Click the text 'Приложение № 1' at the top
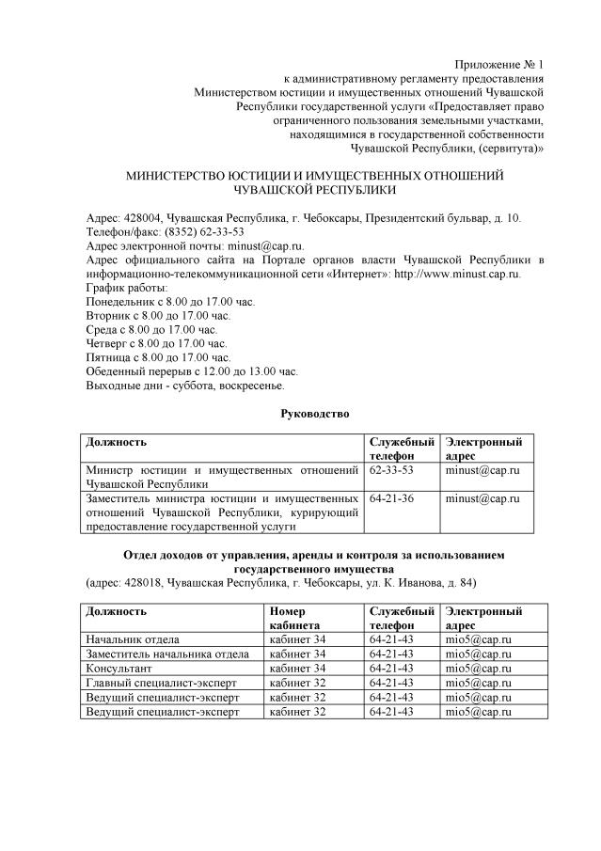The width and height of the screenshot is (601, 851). pos(499,63)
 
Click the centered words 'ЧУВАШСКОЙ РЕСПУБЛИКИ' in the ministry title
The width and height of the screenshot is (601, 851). pos(315,189)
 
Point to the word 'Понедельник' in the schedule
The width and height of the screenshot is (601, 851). pos(119,302)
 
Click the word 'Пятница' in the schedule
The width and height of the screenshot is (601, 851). pos(106,357)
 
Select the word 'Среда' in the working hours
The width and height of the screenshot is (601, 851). pos(101,330)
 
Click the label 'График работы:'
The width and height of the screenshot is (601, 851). pos(128,288)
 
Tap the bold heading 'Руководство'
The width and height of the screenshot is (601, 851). pos(315,414)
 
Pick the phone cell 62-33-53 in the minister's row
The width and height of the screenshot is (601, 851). pos(391,469)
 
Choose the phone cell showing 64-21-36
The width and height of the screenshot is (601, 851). pos(391,497)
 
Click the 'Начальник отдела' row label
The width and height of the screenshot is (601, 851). pos(133,639)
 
